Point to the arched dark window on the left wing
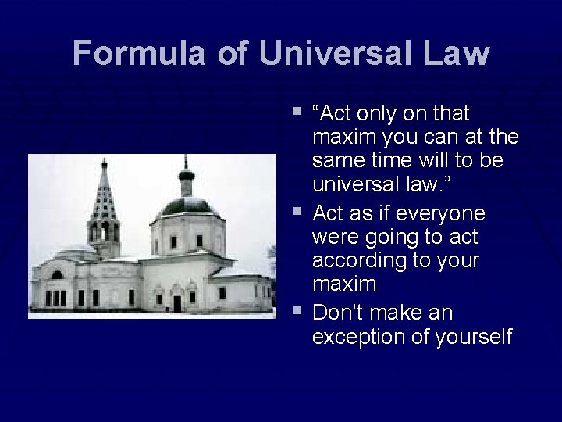(x=56, y=275)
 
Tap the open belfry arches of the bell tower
(x=104, y=231)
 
